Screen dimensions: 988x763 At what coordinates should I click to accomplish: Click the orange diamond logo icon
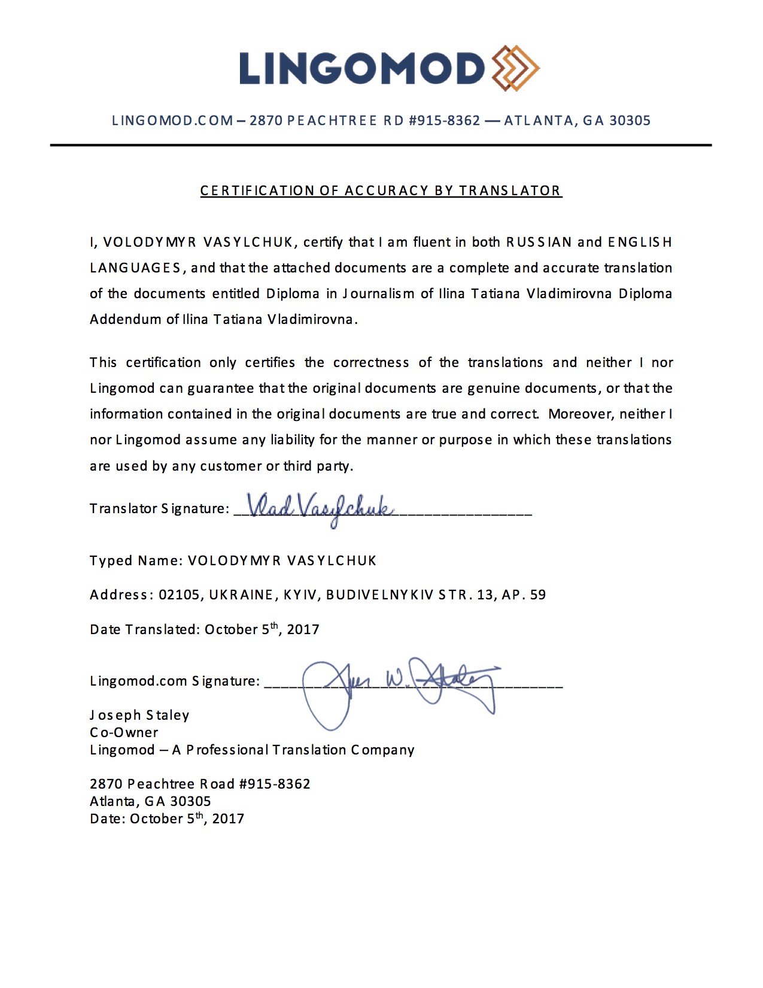tap(515, 68)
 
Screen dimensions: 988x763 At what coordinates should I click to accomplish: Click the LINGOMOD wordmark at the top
tap(361, 68)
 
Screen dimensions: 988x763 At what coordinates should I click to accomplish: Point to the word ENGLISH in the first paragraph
tap(640, 242)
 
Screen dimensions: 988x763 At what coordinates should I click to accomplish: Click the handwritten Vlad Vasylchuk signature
tap(320, 509)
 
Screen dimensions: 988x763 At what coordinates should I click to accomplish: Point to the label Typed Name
tap(135, 560)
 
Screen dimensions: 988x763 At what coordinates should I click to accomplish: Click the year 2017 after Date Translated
tap(303, 629)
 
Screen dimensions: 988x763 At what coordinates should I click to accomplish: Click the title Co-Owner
tap(124, 732)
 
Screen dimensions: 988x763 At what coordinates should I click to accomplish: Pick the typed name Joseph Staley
tap(139, 715)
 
